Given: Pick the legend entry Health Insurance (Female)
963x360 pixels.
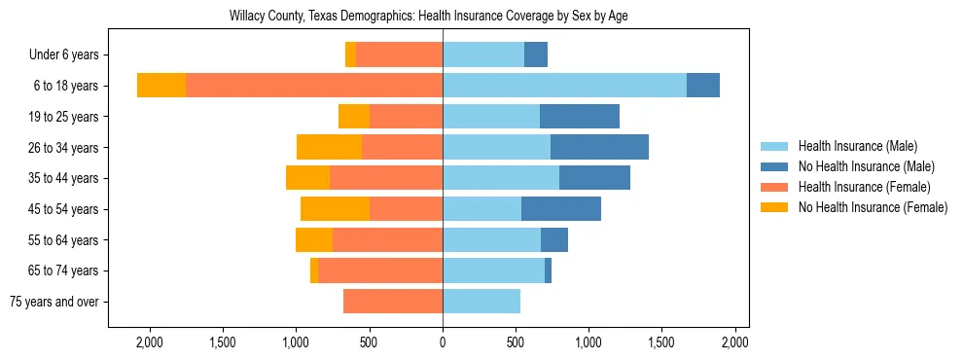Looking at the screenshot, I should [x=864, y=187].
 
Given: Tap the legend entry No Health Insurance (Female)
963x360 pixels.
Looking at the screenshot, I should [x=873, y=207].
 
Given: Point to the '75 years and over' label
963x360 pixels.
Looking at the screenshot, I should [x=53, y=302].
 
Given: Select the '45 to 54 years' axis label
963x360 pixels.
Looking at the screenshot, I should [x=62, y=209].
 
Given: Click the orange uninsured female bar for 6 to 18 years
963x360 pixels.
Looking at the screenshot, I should [x=161, y=86].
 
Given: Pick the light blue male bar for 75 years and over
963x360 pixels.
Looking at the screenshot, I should [x=481, y=302].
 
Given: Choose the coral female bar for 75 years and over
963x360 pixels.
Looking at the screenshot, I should [x=393, y=302].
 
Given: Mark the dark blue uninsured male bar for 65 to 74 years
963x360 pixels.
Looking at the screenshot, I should [x=548, y=270].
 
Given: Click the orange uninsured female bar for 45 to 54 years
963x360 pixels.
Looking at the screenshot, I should [x=335, y=209].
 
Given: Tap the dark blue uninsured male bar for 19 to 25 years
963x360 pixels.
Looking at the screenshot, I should [x=580, y=117].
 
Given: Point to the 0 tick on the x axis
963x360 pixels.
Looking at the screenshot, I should [x=443, y=342].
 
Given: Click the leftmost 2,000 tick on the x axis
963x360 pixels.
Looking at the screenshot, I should [x=149, y=342].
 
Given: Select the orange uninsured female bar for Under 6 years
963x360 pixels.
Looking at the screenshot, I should [x=350, y=55].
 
